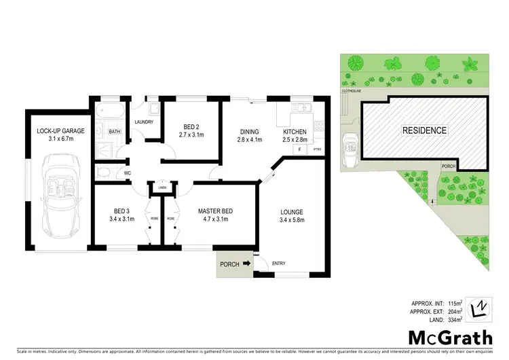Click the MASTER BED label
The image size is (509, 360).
click(215, 215)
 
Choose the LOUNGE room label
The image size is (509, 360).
click(291, 215)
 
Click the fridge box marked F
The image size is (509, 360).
click(297, 149)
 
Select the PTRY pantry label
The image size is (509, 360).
click(316, 149)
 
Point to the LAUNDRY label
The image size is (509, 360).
click(143, 122)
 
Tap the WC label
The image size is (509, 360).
click(126, 173)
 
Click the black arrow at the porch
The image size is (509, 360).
click(246, 264)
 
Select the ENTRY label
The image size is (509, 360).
click(279, 264)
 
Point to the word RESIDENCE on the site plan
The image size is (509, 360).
click(424, 130)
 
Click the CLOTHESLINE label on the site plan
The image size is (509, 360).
click(353, 90)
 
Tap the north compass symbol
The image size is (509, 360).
click(480, 308)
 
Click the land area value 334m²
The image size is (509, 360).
click(455, 319)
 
